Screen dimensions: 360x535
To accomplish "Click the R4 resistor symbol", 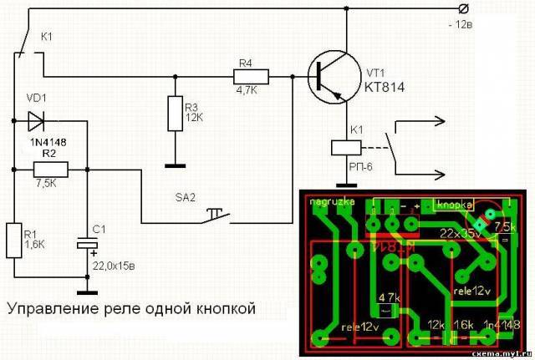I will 250,77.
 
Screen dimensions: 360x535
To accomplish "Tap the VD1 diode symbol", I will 36,123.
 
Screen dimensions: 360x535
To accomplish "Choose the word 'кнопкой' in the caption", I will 218,309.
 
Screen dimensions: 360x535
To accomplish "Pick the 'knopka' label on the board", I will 451,204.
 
